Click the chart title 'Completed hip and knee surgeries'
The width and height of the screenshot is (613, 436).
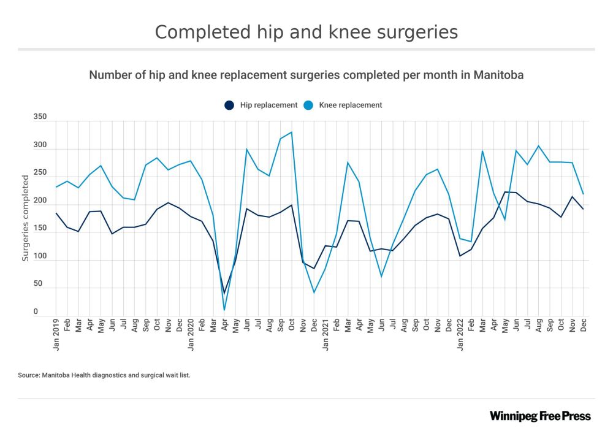coord(306,32)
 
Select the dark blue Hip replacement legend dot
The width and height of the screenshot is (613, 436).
coord(229,105)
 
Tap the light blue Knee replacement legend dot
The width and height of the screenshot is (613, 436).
coord(308,105)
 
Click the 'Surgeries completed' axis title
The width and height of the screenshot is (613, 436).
coord(26,218)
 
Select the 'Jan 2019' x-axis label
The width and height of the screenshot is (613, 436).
coord(56,334)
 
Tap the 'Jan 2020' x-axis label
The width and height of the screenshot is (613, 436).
coord(191,334)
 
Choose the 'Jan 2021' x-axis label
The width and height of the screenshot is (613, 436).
coord(326,334)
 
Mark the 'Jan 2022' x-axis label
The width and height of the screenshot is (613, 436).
coord(460,334)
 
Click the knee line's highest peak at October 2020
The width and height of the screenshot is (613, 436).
coord(291,132)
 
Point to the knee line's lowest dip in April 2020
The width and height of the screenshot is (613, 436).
coord(224,310)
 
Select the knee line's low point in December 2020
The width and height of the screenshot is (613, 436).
coord(314,292)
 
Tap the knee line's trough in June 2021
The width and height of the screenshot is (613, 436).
coord(381,277)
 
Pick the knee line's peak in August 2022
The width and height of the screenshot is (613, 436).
coord(538,146)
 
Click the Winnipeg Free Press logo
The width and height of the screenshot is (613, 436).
coord(540,416)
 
